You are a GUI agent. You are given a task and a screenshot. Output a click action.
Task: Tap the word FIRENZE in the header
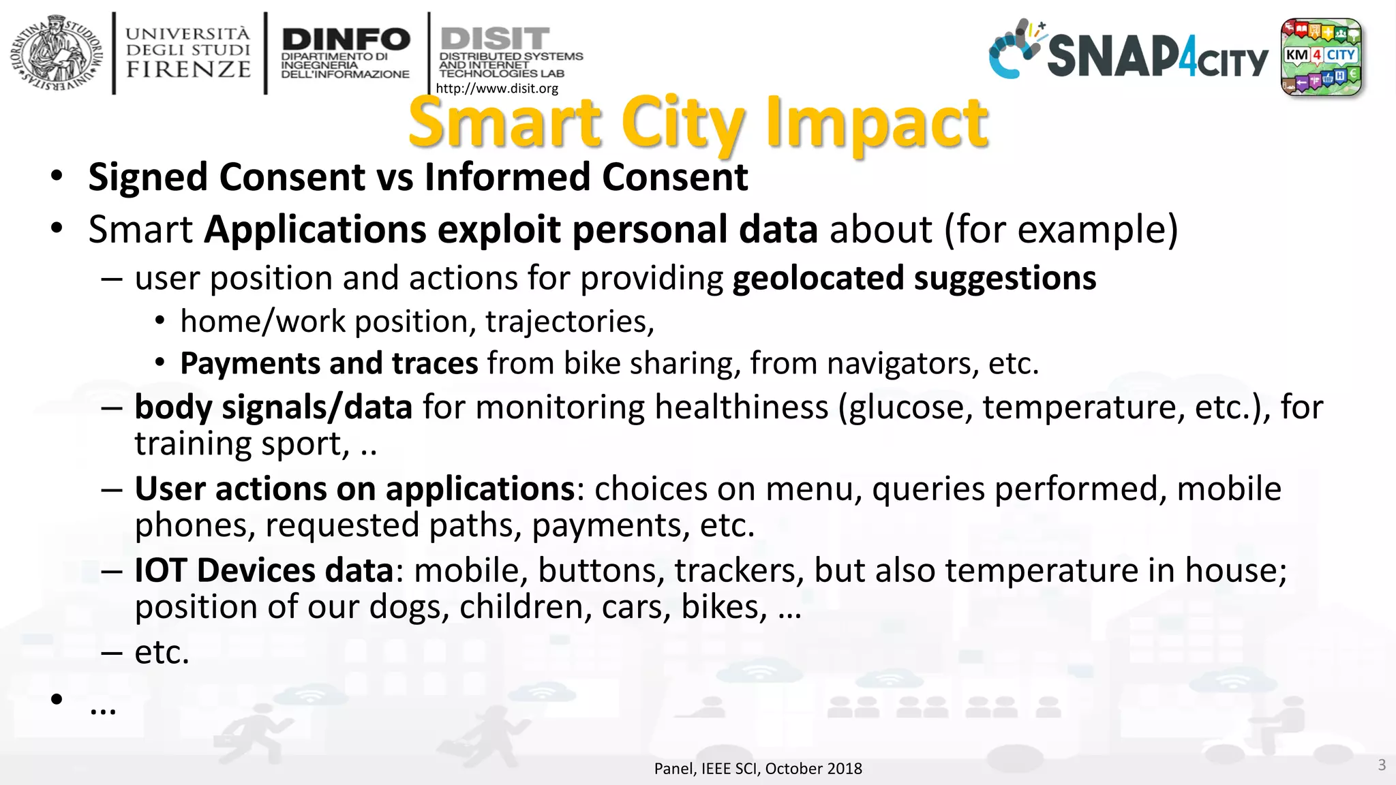(x=188, y=70)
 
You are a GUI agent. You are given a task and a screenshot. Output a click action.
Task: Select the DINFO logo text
(x=346, y=40)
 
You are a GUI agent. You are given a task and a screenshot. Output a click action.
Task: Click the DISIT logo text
(x=495, y=38)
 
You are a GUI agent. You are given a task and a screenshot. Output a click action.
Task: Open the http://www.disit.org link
(x=497, y=89)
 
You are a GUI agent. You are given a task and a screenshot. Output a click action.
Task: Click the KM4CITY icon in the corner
(x=1321, y=57)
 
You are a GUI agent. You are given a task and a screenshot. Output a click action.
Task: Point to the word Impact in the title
(x=877, y=123)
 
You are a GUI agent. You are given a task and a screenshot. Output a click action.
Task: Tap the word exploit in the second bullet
(x=499, y=229)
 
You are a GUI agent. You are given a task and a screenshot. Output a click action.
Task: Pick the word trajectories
(x=569, y=322)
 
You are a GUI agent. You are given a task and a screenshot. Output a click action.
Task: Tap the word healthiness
(x=741, y=407)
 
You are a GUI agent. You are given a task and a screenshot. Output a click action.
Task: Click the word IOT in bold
(x=160, y=570)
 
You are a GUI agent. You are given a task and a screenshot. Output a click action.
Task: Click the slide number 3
(x=1382, y=765)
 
